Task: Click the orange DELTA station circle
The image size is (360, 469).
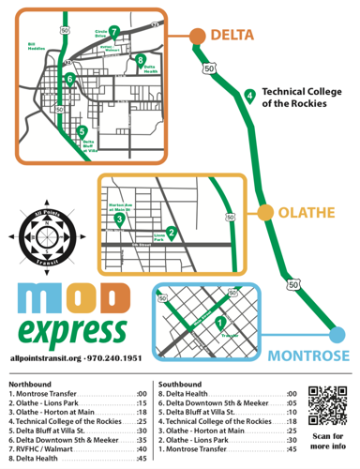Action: point(198,37)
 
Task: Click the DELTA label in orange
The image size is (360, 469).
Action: point(232,36)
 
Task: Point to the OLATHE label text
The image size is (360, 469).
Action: point(305,213)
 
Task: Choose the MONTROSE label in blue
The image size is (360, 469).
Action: point(309,356)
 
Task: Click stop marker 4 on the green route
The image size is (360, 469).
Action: point(249,94)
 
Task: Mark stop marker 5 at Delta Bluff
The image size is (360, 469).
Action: point(82,130)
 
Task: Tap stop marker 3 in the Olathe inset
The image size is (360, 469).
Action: point(119,219)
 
